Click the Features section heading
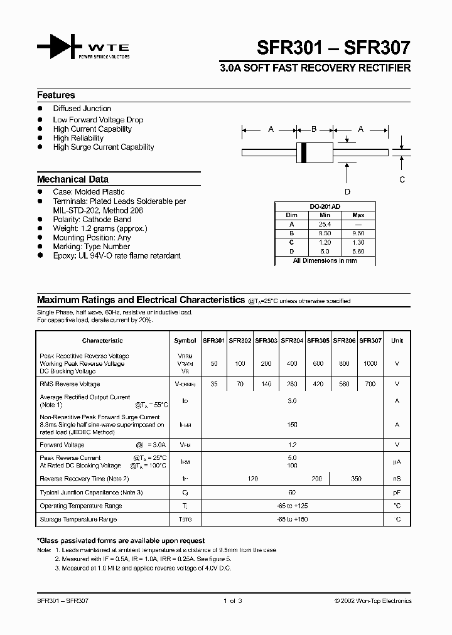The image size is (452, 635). click(x=56, y=95)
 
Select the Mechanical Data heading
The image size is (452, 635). click(x=72, y=179)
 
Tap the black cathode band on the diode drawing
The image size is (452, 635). click(x=304, y=151)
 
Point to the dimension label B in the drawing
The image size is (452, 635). click(x=314, y=129)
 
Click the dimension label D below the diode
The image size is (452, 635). click(x=347, y=192)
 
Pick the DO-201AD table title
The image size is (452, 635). click(x=325, y=206)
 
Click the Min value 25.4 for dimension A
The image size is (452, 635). click(x=325, y=223)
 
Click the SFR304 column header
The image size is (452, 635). click(x=292, y=341)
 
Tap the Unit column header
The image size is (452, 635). click(x=397, y=341)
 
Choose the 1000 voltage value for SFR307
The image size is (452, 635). click(x=370, y=364)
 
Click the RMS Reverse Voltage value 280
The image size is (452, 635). click(x=292, y=384)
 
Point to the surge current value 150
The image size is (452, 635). click(x=292, y=424)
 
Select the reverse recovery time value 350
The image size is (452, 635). click(x=357, y=479)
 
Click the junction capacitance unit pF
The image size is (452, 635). click(x=397, y=493)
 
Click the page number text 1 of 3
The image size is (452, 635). click(x=232, y=600)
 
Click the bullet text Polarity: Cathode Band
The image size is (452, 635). click(x=92, y=220)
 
